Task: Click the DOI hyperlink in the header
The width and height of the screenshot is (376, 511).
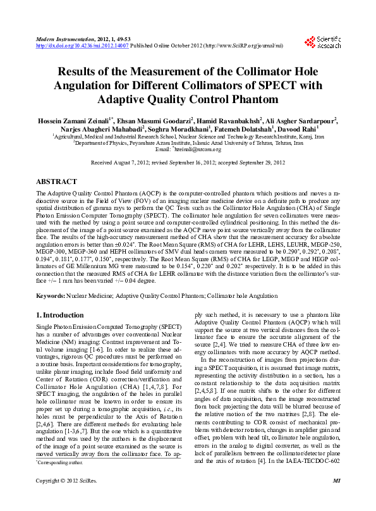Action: pos(82,46)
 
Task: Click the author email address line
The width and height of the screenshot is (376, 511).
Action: pos(188,149)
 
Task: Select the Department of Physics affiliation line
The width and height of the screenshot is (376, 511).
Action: pos(188,142)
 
